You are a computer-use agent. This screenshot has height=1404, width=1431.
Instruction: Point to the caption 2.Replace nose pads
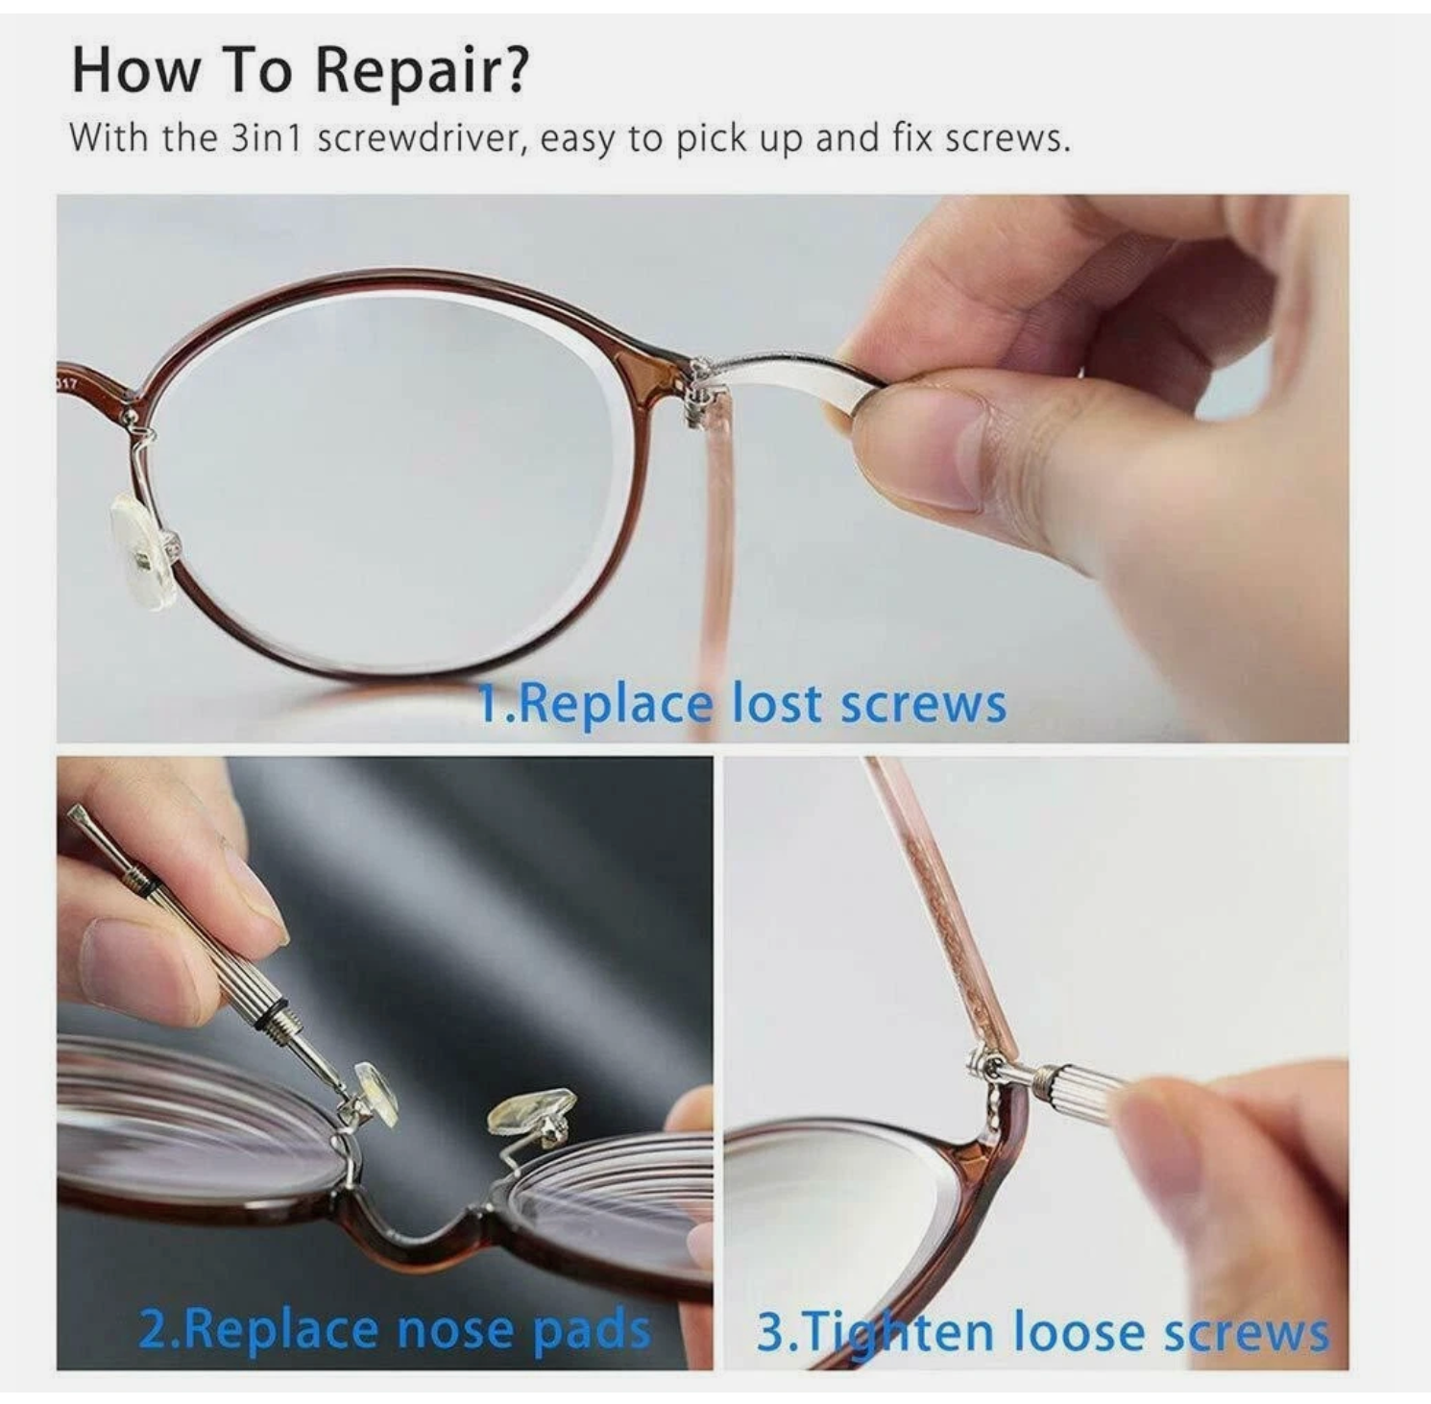tap(394, 1329)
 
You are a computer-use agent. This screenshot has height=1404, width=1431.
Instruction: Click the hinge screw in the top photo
tap(700, 384)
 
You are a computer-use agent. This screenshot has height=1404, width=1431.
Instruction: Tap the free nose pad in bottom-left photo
tap(530, 1114)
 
